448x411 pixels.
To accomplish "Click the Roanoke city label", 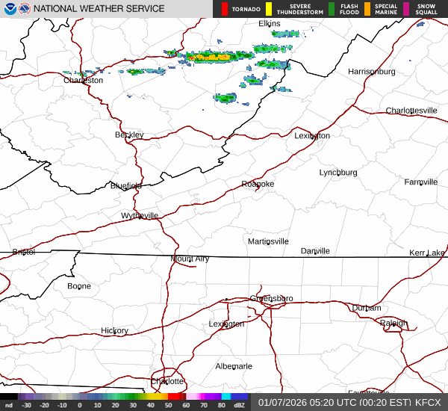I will coord(258,184).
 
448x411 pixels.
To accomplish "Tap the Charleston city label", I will coord(83,80).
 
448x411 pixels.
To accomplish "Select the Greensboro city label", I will coord(271,298).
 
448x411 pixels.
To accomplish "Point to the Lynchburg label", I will coord(338,172).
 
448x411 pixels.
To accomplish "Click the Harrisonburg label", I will coord(371,71).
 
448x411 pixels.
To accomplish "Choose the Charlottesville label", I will coord(411,111).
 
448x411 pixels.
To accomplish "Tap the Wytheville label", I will coord(140,215).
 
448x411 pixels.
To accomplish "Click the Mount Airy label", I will coord(190,259).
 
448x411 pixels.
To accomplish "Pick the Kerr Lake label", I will coord(426,253).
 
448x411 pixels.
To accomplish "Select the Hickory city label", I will coord(114,330).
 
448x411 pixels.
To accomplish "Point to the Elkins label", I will coord(269,24).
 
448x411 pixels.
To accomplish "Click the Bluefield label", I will coord(125,185).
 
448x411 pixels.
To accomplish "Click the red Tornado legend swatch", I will coord(225,9).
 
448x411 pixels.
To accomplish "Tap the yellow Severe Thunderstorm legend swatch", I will coord(268,9).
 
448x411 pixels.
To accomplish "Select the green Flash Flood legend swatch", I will coord(332,9).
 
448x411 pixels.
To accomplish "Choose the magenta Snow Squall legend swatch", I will coord(406,9).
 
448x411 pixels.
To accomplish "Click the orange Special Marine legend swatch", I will coord(367,9).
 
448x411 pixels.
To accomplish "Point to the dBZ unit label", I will coord(239,405).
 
